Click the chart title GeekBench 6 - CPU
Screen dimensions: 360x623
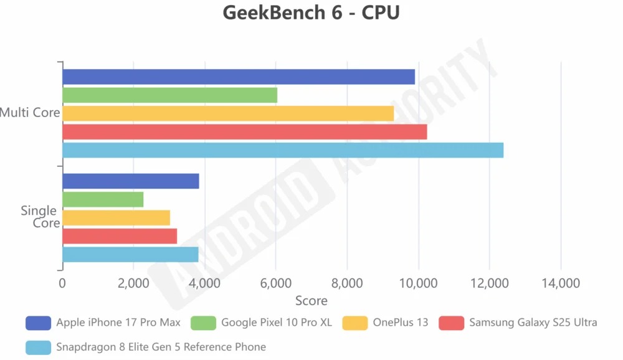[x=311, y=13]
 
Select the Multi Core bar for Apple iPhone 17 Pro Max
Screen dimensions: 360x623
[x=239, y=77]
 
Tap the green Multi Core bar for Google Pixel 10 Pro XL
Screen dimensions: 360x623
[x=169, y=95]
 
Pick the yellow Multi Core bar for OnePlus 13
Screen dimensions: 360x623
[x=228, y=113]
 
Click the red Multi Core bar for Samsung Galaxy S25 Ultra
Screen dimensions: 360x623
[x=244, y=132]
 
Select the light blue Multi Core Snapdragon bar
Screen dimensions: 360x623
[x=283, y=150]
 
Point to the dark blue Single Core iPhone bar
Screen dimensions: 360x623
[x=131, y=181]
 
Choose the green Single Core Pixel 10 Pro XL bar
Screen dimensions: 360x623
[x=103, y=199]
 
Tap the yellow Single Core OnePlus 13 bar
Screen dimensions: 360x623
[x=116, y=218]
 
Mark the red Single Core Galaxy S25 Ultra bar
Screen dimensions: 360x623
[x=120, y=236]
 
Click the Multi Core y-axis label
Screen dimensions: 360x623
[x=30, y=113]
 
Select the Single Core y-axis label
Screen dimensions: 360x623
[x=40, y=217]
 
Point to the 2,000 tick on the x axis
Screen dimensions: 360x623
[x=133, y=284]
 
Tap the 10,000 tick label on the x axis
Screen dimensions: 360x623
[x=418, y=284]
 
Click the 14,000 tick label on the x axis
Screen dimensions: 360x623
[x=561, y=284]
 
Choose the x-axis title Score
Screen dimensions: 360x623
[x=311, y=301]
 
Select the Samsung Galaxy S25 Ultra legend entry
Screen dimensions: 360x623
[x=533, y=323]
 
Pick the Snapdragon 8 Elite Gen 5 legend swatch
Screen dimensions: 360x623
[x=38, y=347]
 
